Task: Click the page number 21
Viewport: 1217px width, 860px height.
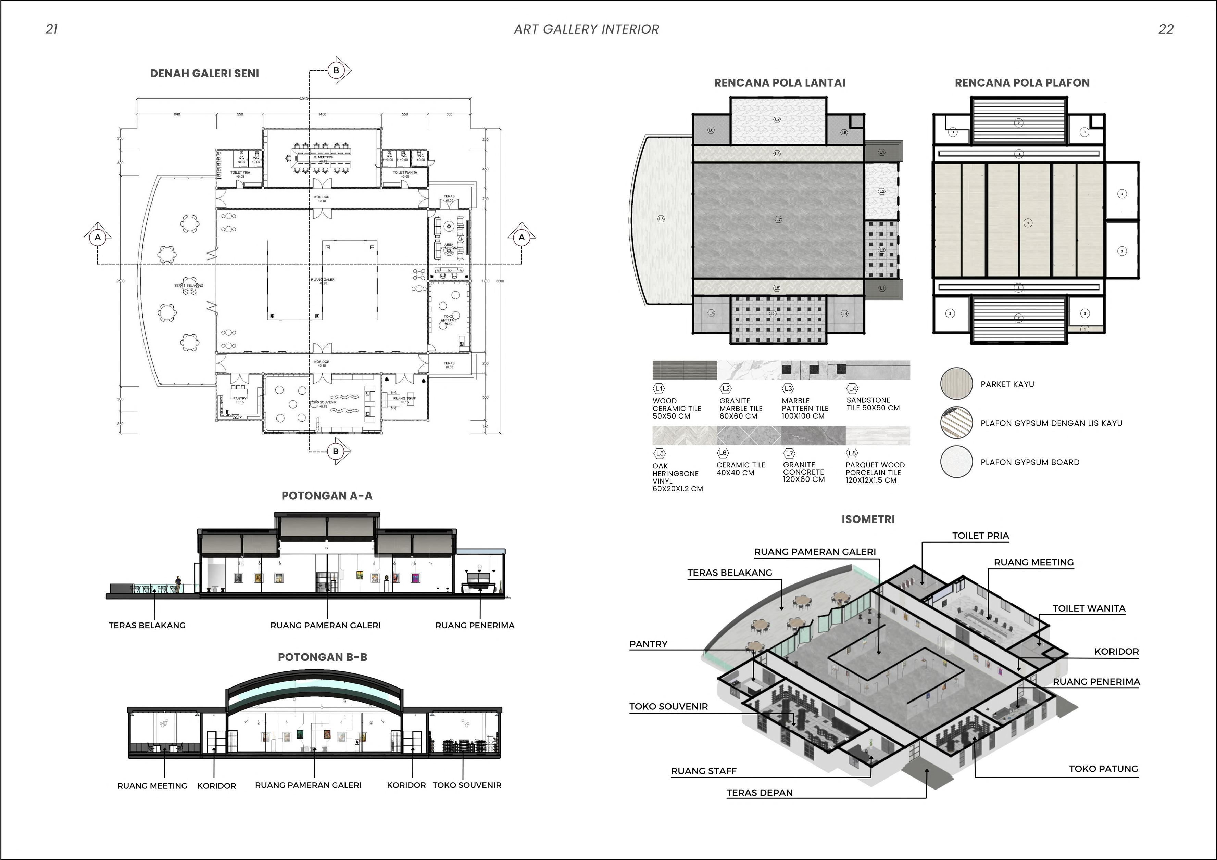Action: click(x=51, y=29)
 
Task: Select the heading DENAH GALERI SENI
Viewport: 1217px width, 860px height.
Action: click(x=204, y=74)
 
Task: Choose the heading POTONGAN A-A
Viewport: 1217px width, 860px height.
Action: click(x=327, y=496)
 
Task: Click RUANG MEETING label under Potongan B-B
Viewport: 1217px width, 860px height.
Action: click(x=152, y=786)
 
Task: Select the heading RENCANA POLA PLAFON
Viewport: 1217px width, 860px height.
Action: click(x=1022, y=83)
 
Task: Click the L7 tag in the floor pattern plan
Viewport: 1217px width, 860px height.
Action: click(x=778, y=219)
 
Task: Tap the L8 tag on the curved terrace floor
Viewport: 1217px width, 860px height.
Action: click(x=661, y=218)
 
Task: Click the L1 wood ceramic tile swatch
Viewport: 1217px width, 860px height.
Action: click(x=684, y=370)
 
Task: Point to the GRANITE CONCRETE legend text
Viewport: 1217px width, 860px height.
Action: click(x=804, y=472)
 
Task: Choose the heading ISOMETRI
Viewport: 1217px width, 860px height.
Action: click(x=868, y=519)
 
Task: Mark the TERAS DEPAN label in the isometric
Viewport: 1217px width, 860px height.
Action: click(x=759, y=793)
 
